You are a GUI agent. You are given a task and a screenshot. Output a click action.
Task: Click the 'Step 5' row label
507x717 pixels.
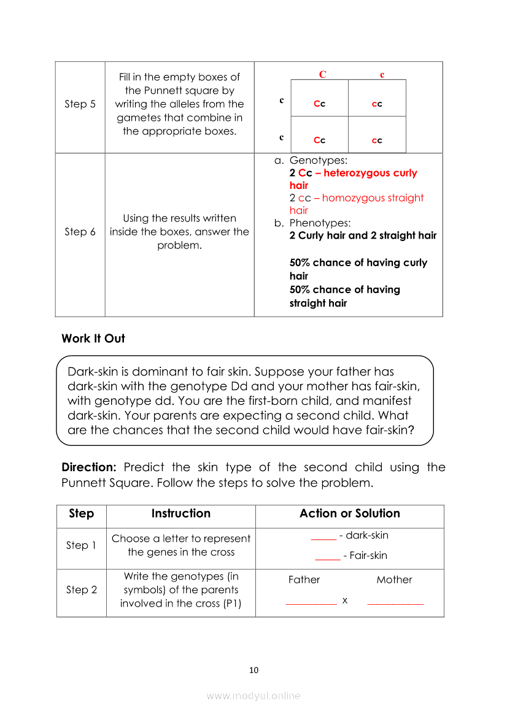coord(80,104)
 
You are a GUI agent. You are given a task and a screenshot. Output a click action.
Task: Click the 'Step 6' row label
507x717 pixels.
coord(80,232)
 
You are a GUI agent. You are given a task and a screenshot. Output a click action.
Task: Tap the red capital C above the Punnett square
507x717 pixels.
coord(323,75)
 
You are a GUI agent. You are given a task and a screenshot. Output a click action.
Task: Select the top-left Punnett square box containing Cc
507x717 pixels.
coord(319,104)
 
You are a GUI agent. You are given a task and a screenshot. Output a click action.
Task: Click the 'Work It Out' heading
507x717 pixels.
coord(93,339)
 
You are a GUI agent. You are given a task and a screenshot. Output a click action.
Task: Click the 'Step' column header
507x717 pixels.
coord(81,514)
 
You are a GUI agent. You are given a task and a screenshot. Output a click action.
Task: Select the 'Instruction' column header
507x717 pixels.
coord(180,514)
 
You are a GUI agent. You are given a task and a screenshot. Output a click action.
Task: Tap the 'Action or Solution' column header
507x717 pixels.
coord(349,514)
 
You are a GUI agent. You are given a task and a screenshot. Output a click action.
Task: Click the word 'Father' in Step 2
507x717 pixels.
coord(304,580)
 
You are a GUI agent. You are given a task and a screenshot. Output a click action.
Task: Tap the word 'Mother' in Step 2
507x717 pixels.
coord(394,580)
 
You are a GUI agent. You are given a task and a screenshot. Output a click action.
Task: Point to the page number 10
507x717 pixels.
coord(253,670)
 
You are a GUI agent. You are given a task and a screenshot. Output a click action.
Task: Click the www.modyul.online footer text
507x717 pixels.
coord(253,696)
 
